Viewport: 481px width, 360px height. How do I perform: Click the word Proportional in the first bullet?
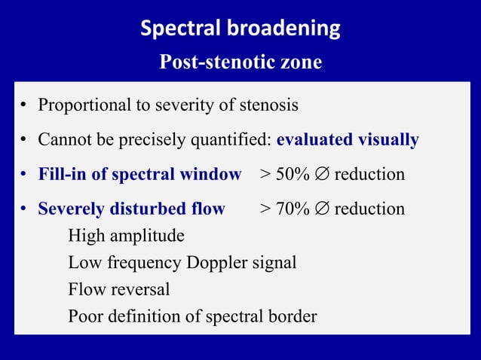click(84, 105)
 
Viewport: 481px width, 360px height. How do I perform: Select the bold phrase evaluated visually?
click(348, 140)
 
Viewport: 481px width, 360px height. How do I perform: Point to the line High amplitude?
click(126, 236)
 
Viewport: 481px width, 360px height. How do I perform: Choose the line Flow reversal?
click(118, 289)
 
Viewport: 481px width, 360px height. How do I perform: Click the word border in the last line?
click(292, 316)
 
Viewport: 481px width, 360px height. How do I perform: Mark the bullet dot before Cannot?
click(25, 141)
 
